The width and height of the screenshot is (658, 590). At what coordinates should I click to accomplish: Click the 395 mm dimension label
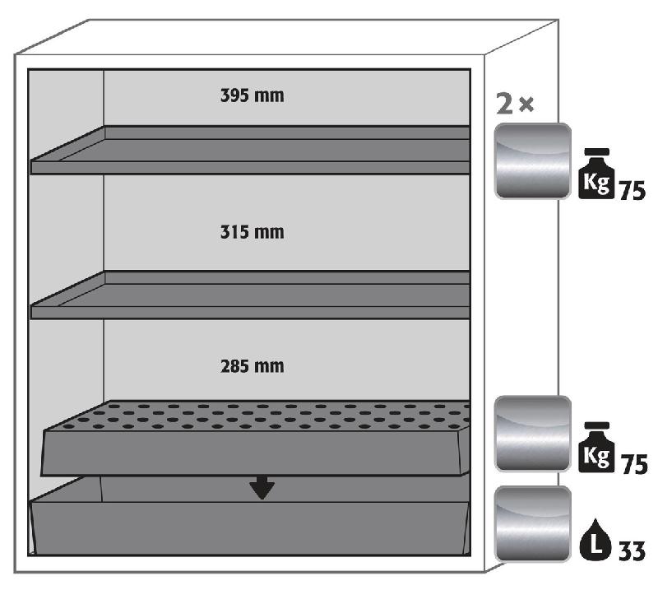click(x=253, y=95)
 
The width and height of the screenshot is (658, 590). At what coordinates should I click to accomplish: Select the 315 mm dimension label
click(x=253, y=232)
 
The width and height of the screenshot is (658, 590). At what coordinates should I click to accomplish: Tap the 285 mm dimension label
click(x=253, y=366)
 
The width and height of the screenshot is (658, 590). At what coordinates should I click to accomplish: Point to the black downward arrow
click(x=262, y=487)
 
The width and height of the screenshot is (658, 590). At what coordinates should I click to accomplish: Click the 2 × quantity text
click(x=515, y=104)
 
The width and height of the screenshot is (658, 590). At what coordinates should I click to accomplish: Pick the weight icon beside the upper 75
click(x=595, y=174)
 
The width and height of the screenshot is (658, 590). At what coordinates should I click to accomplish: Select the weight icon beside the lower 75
click(x=596, y=447)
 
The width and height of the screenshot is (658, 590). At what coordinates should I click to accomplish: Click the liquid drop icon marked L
click(x=595, y=539)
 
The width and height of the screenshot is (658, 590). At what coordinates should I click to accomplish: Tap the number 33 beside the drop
click(x=632, y=551)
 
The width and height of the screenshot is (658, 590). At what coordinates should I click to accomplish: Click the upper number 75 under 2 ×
click(x=633, y=191)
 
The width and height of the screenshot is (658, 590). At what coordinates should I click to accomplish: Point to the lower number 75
click(x=634, y=464)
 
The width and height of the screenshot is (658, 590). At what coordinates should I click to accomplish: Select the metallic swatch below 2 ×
click(x=532, y=160)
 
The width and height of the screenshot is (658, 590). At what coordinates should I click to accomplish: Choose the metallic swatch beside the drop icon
click(x=532, y=523)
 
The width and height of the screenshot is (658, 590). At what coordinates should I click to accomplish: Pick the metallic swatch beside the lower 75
click(x=532, y=434)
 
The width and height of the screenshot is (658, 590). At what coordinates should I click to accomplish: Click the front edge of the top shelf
click(x=250, y=168)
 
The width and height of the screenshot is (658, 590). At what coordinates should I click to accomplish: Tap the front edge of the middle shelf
click(x=250, y=312)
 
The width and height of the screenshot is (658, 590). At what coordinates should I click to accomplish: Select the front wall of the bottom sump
click(x=251, y=527)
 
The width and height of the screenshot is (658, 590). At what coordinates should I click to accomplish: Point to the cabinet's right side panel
click(x=521, y=294)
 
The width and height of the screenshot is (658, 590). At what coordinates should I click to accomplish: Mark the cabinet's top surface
click(x=286, y=37)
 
